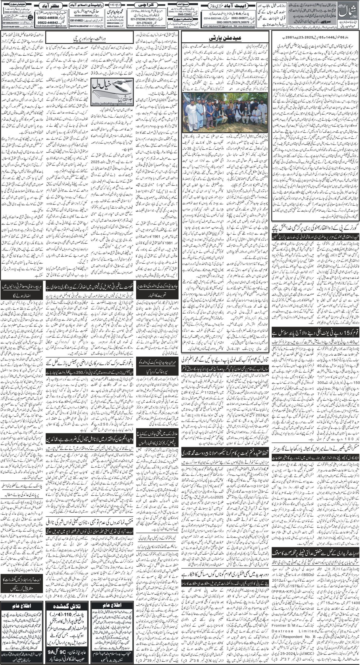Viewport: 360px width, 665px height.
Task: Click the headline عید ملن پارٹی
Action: pyautogui.click(x=225, y=39)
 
